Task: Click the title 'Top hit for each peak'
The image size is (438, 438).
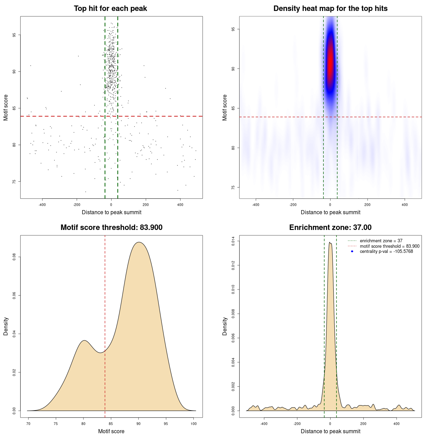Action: [x=110, y=9]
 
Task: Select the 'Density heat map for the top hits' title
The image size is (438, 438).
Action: [x=330, y=9]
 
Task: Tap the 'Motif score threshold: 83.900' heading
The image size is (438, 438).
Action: [x=111, y=228]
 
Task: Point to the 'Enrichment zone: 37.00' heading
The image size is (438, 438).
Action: [x=330, y=228]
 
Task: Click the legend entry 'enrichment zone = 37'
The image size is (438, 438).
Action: [x=381, y=241]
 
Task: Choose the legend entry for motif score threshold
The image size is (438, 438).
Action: [x=389, y=246]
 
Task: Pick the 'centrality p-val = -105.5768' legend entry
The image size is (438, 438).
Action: [x=386, y=252]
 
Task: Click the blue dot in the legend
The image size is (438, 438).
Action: [x=352, y=252]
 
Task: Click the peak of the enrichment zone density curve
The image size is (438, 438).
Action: [x=330, y=242]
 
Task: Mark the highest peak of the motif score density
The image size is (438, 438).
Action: [x=139, y=242]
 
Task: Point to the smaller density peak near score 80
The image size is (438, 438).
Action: [x=84, y=340]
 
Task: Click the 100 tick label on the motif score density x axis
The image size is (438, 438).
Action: [x=194, y=424]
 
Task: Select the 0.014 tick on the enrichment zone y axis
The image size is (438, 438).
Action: [x=233, y=241]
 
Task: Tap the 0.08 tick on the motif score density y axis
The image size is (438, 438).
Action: [x=14, y=257]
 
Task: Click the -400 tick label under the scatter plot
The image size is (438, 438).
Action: [x=42, y=205]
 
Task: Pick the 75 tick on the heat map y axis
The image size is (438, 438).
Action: [x=233, y=187]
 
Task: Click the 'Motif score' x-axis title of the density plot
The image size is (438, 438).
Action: [x=111, y=431]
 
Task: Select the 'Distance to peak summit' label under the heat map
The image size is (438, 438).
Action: [x=330, y=212]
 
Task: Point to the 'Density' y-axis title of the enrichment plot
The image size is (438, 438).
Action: [x=225, y=326]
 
